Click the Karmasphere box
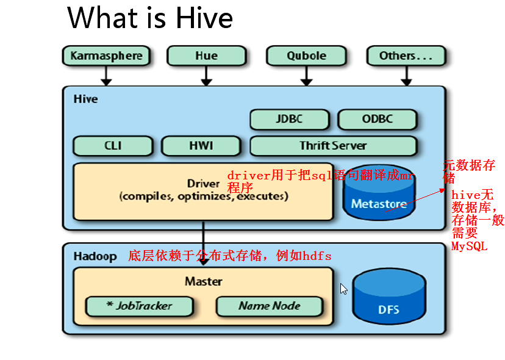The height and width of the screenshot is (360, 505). click(x=106, y=56)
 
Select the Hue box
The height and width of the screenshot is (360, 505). click(x=206, y=56)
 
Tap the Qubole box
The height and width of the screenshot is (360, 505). click(x=306, y=56)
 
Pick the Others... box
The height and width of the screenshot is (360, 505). click(x=406, y=56)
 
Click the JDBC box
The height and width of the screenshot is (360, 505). click(x=290, y=119)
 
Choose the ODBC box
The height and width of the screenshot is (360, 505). click(x=378, y=119)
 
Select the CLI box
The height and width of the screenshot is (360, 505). click(x=113, y=146)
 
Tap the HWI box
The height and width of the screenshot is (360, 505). click(x=201, y=146)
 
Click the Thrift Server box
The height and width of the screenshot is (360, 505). click(x=334, y=146)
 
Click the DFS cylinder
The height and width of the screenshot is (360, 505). click(x=389, y=296)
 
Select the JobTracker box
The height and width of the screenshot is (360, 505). click(x=140, y=306)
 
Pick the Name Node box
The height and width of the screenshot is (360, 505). click(x=269, y=306)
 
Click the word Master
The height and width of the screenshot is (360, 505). click(x=204, y=281)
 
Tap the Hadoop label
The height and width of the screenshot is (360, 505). click(x=95, y=256)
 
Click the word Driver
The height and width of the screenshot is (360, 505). click(x=204, y=184)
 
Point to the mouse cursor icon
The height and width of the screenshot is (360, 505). click(x=343, y=289)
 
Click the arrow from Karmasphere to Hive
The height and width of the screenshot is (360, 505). click(x=106, y=76)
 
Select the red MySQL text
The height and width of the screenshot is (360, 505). click(x=469, y=247)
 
